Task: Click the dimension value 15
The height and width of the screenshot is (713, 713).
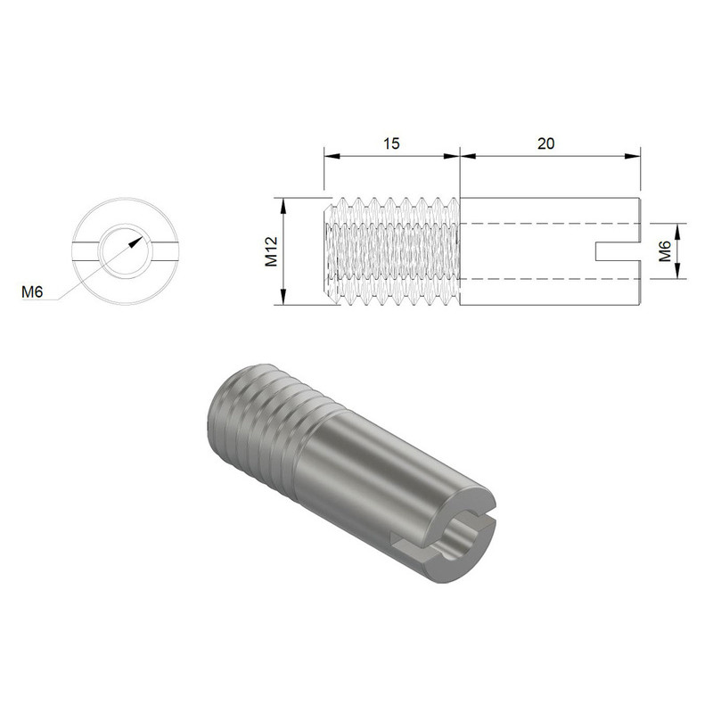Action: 389,143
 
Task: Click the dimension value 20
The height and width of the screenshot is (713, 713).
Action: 548,143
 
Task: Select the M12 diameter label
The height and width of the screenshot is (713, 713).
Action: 272,252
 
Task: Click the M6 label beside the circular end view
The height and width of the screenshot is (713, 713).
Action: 32,291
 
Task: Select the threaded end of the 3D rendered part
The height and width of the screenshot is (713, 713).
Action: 258,419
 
